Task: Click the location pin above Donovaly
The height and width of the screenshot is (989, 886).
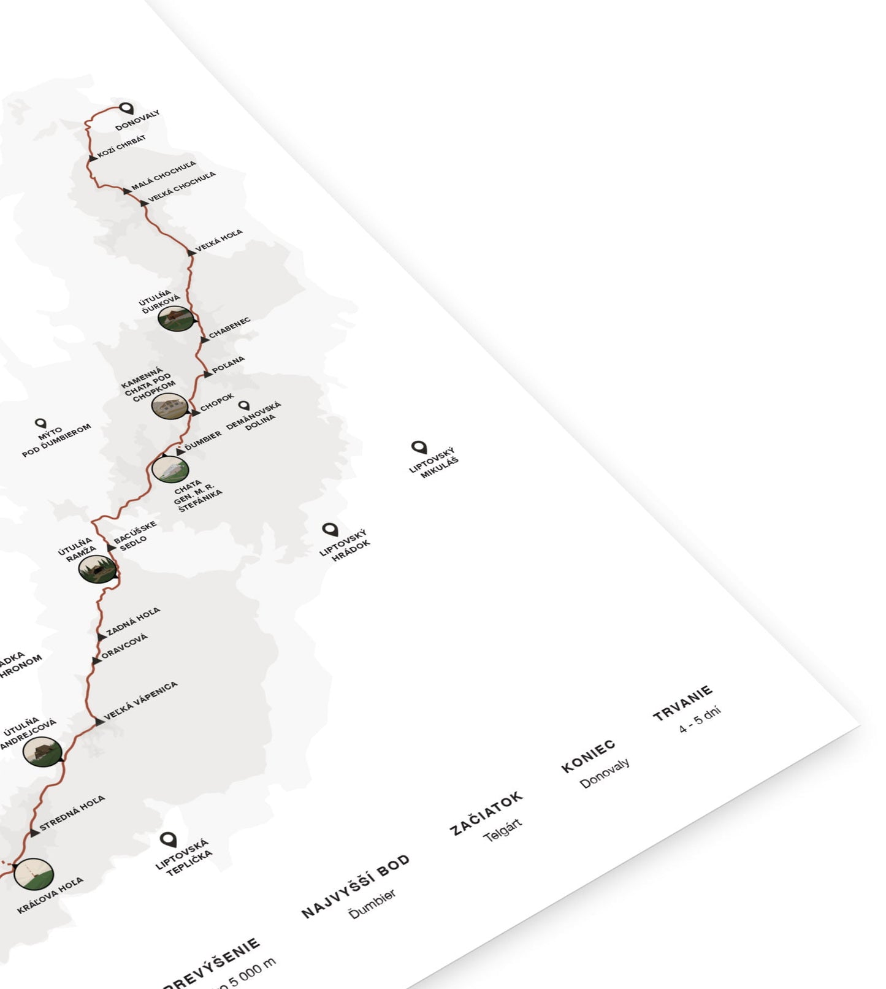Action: tap(126, 109)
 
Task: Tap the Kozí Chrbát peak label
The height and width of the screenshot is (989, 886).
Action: tap(121, 147)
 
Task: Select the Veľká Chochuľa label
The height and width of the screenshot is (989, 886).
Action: tap(181, 186)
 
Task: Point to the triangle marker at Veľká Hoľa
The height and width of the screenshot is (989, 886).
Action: tap(191, 252)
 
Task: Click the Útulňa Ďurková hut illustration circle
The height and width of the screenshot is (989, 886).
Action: tap(175, 318)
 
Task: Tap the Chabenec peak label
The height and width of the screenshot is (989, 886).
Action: tap(229, 328)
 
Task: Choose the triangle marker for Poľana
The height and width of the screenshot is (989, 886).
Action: tap(207, 373)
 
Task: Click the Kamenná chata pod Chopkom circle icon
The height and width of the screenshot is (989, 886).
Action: tap(169, 406)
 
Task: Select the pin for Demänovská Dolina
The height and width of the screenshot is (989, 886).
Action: tap(244, 405)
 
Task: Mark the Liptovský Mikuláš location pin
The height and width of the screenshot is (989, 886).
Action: tap(419, 447)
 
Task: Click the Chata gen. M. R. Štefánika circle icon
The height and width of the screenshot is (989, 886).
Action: tap(170, 469)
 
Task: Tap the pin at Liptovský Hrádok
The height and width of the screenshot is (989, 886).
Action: tap(330, 529)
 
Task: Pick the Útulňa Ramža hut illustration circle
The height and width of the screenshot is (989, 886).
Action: tap(97, 569)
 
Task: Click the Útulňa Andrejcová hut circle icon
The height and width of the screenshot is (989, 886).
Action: tap(43, 751)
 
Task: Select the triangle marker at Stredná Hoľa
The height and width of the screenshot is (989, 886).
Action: tap(34, 832)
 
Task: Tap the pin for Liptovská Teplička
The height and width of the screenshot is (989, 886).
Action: tap(168, 839)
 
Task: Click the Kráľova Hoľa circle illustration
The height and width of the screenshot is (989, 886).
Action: tap(33, 874)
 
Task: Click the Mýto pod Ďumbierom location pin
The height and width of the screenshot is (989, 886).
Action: tap(40, 423)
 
